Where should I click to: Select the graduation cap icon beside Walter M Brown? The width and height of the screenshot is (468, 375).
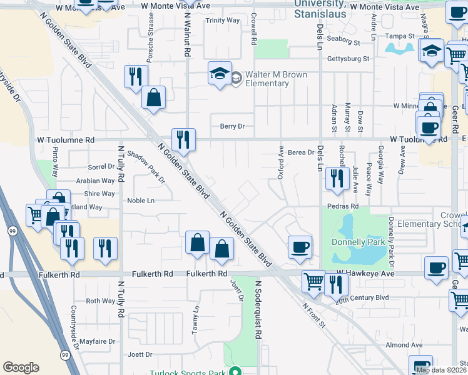(220, 75)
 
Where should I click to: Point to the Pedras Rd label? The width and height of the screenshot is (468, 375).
(342, 206)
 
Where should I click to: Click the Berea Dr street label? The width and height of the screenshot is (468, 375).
(302, 151)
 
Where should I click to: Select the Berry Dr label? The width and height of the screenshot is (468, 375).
(231, 126)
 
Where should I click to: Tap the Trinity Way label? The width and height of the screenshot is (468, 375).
(223, 21)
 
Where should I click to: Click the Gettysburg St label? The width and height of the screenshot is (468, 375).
(348, 59)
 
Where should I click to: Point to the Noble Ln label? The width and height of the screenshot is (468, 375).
(140, 201)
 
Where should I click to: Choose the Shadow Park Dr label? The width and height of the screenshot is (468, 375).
(145, 167)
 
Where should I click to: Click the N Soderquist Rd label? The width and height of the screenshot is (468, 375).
(257, 309)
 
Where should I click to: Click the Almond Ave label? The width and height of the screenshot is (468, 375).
(404, 344)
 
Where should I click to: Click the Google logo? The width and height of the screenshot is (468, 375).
(21, 367)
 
